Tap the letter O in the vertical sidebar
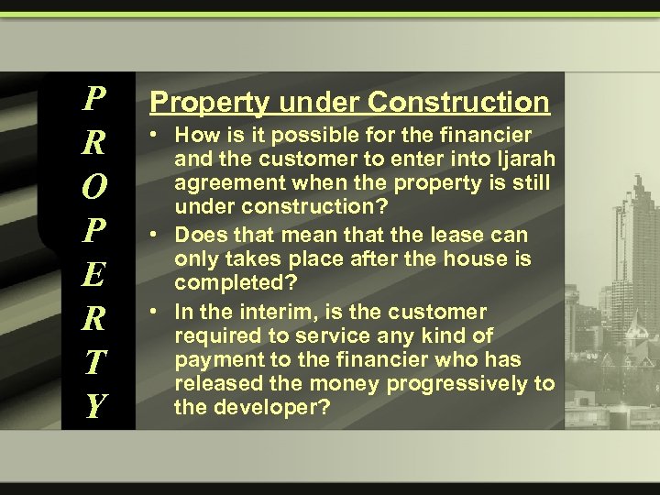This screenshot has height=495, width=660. click(x=94, y=186)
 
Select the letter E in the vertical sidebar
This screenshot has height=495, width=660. click(x=94, y=273)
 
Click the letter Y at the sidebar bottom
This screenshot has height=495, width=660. click(x=94, y=404)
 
